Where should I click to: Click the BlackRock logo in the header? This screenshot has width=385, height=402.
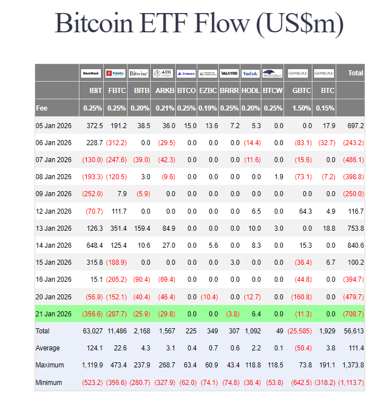point(91,73)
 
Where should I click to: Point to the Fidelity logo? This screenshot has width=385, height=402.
point(116,73)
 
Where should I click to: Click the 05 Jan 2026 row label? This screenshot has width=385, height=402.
point(54,125)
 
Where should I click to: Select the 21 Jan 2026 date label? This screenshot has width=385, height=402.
point(54,313)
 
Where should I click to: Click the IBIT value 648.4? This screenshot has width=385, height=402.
point(92,245)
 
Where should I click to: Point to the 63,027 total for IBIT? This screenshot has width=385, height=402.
point(91,331)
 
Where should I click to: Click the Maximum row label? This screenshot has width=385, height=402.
point(50,365)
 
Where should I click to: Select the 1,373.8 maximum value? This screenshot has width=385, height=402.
point(351,365)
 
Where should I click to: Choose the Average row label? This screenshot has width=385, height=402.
point(48,348)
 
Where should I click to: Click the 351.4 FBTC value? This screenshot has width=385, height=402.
point(116,228)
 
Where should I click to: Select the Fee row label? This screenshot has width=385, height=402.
point(41,108)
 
